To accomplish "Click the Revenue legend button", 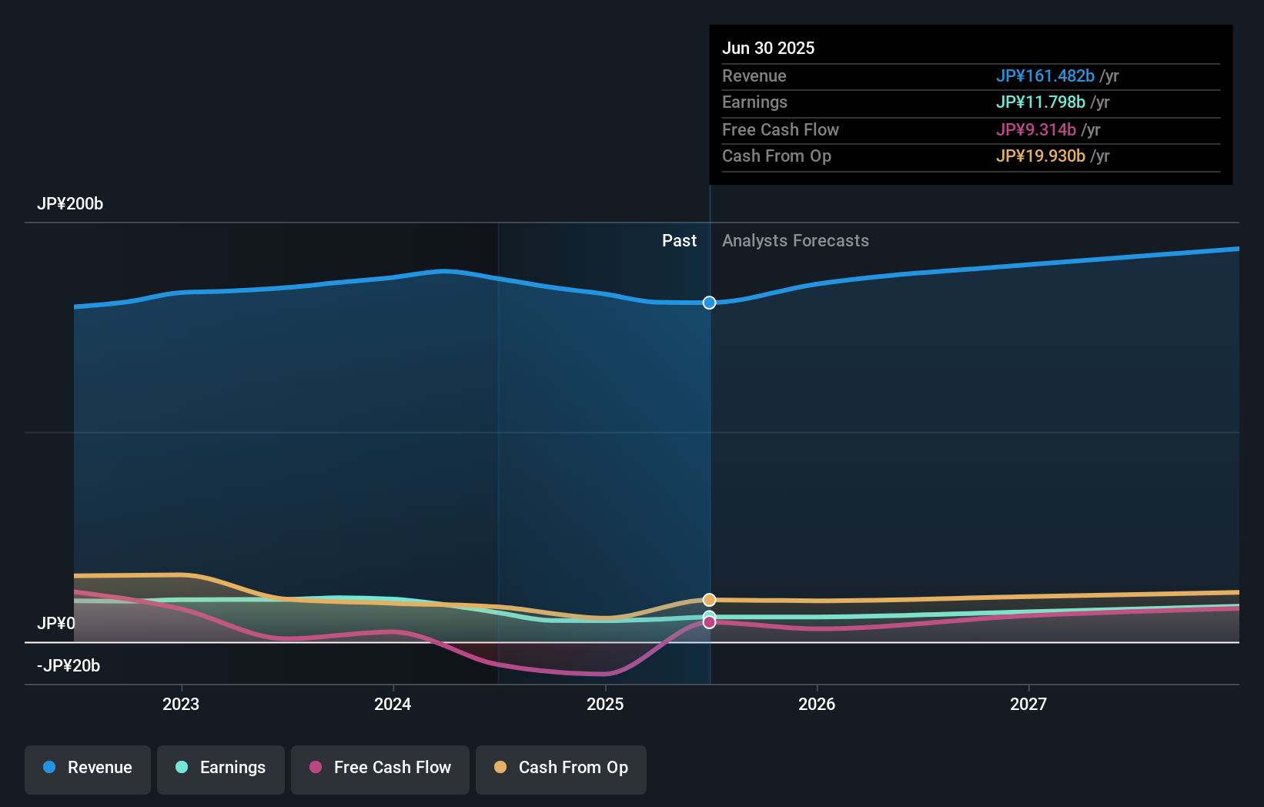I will point(88,768).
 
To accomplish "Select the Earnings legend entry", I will point(221,768).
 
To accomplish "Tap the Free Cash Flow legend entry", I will point(380,768).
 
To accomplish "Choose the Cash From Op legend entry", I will point(561,768).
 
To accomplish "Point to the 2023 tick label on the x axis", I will point(181,704).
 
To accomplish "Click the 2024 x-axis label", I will point(393,704).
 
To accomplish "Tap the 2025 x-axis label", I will point(605,704).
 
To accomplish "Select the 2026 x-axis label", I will point(817,704).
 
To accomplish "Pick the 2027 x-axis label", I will point(1028,704).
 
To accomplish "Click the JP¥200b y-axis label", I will point(70,204).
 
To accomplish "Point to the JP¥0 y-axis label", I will point(56,623).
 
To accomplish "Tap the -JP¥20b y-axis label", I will point(69,666).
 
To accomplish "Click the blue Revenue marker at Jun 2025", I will point(709,303).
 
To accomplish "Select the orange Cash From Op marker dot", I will point(709,600).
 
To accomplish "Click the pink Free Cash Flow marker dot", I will point(709,622).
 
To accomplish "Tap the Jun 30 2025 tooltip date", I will point(768,49).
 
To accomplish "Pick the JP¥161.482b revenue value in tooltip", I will point(1045,76).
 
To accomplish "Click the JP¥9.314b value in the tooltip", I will point(1035,130).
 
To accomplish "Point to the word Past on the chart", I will point(679,241).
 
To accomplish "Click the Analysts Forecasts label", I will point(795,241).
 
